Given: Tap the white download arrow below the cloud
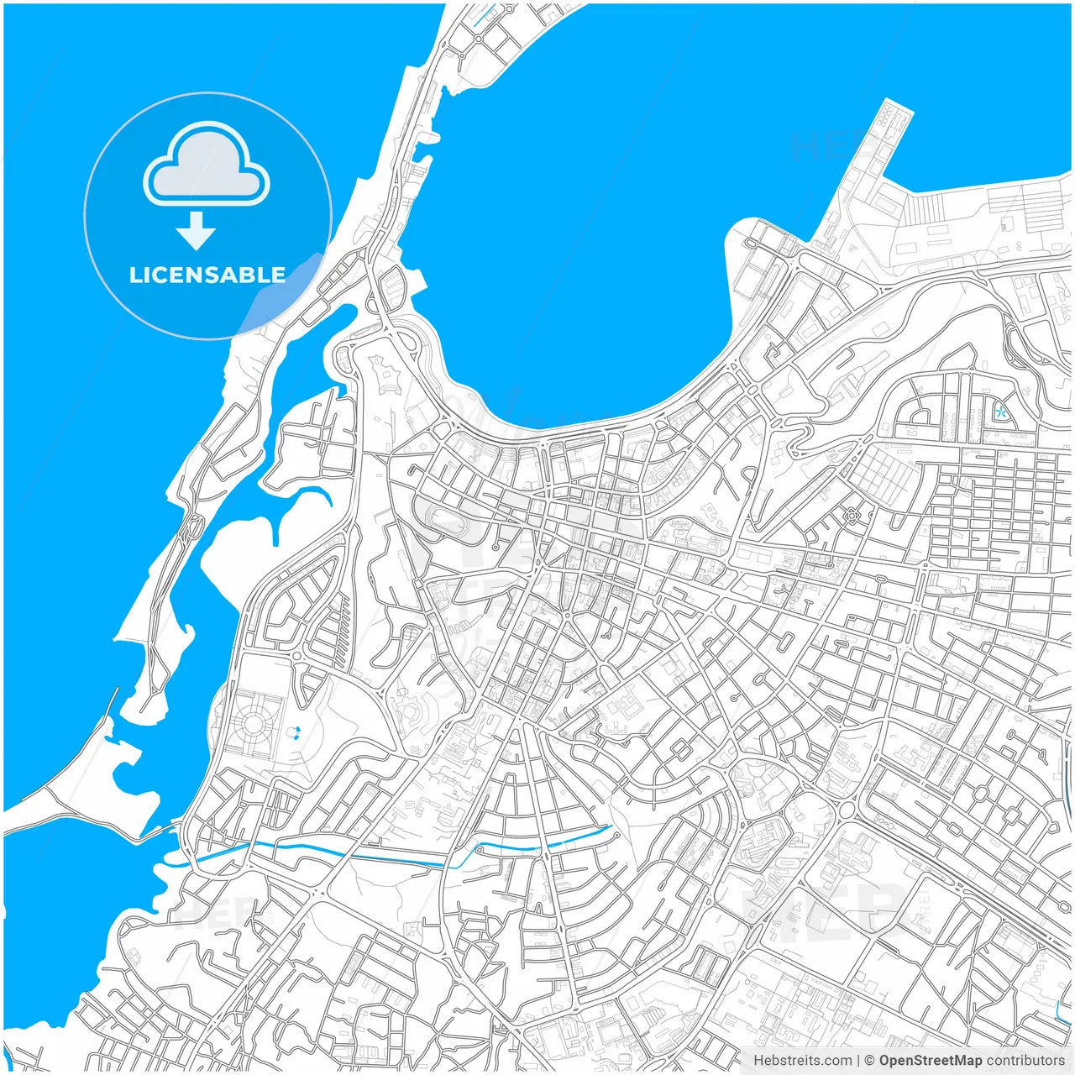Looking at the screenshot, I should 197,231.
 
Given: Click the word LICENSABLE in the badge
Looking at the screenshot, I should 207,275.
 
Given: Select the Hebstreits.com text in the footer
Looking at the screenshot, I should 802,1061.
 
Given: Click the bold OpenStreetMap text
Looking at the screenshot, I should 930,1061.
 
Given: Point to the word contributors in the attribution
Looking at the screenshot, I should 1025,1061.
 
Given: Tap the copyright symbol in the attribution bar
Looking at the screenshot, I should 869,1061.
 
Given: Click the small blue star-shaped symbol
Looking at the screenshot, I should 1000,412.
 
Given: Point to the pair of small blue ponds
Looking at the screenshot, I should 294,733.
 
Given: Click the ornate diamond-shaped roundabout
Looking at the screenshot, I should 853,515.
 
